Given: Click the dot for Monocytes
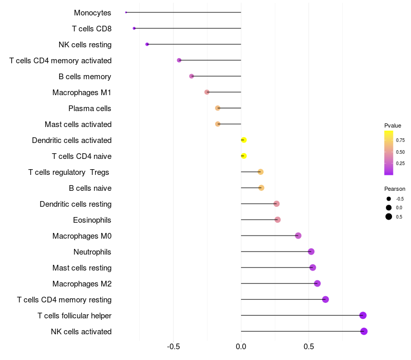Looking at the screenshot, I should (126, 12).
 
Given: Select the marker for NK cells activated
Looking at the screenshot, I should (364, 331).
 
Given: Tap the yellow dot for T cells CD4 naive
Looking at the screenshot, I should (244, 156).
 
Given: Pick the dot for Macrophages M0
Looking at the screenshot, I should (298, 236).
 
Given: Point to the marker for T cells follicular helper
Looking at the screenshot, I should (363, 315).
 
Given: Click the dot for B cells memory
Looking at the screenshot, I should (192, 76).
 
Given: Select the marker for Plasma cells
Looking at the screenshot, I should (218, 108).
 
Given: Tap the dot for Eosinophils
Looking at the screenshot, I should (277, 220).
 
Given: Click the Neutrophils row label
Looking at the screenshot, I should (92, 252).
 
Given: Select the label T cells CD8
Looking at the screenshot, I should (92, 29).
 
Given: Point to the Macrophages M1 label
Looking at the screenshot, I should (82, 93).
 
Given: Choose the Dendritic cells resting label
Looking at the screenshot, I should (76, 204).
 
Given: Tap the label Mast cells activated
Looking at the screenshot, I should (78, 124).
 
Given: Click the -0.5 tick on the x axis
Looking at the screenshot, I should (174, 347).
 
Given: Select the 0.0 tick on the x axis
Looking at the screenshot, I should (241, 347).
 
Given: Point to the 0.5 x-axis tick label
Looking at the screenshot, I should (309, 347).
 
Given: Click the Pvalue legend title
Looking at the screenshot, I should (393, 125).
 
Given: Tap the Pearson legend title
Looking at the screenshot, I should (395, 189).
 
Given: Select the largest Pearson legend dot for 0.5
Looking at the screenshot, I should (389, 217).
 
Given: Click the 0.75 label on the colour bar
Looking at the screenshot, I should (401, 140).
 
